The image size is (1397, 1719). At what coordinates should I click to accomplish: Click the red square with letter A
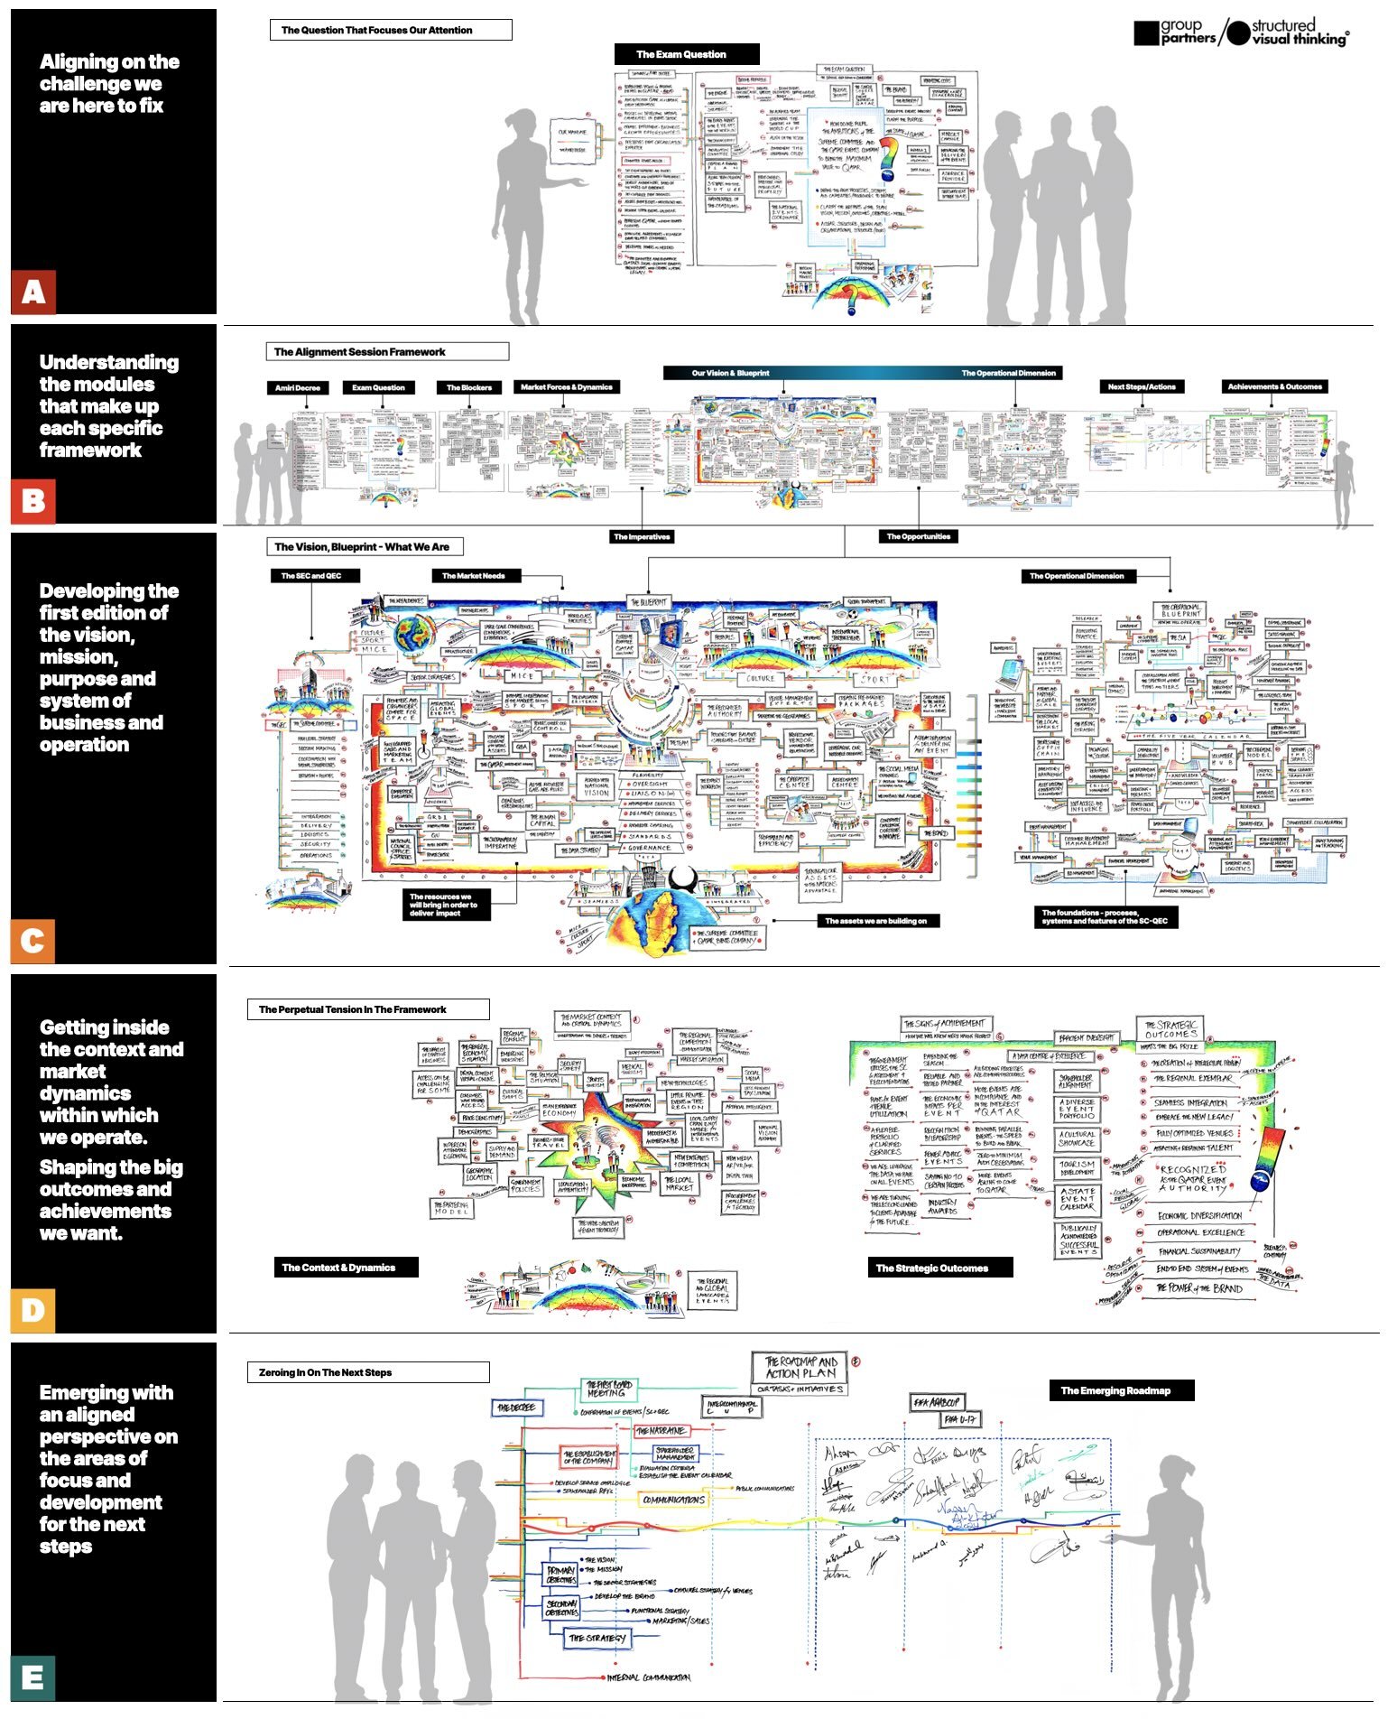[x=33, y=292]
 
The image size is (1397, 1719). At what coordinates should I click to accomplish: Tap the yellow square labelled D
[x=33, y=1309]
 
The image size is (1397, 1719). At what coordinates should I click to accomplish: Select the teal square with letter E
[x=33, y=1677]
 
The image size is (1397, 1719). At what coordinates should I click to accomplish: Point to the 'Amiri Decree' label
[x=297, y=387]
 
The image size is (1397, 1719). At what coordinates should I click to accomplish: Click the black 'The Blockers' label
[x=469, y=387]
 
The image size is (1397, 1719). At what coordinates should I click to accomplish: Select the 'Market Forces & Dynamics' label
[x=567, y=387]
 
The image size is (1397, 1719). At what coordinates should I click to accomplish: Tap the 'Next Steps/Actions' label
[x=1142, y=386]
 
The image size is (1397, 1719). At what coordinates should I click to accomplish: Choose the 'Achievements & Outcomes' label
[x=1274, y=386]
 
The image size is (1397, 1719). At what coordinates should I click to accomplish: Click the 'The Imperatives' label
[x=642, y=536]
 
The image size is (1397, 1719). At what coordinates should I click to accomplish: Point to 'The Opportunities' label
[x=918, y=536]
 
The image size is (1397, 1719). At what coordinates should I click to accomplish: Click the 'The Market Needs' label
[x=474, y=575]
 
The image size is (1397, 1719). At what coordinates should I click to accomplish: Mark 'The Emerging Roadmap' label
[x=1121, y=1390]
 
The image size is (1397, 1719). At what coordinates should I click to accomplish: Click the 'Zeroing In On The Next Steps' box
[x=368, y=1372]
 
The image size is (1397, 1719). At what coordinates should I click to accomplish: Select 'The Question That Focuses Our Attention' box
[x=390, y=30]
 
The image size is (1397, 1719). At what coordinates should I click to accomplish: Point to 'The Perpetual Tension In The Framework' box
[x=368, y=1009]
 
